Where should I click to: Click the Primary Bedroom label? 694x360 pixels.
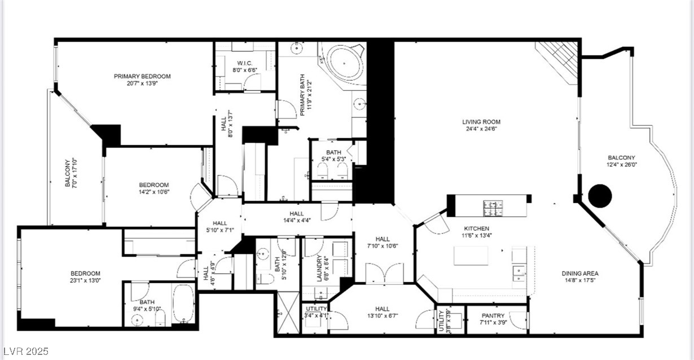142,77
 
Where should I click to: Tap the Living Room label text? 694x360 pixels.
481,122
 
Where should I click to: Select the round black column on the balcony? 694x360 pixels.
600,196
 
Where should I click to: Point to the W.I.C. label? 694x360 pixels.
244,63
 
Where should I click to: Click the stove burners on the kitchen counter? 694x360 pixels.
493,208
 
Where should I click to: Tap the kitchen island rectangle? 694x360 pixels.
471,255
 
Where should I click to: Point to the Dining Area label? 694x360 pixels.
579,274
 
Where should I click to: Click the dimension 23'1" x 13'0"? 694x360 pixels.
86,280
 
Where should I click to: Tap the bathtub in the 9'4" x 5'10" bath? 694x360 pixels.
183,302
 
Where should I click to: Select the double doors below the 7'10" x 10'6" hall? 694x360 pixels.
384,274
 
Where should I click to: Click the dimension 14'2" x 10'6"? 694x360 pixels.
154,192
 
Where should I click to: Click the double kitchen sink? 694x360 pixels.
519,272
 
